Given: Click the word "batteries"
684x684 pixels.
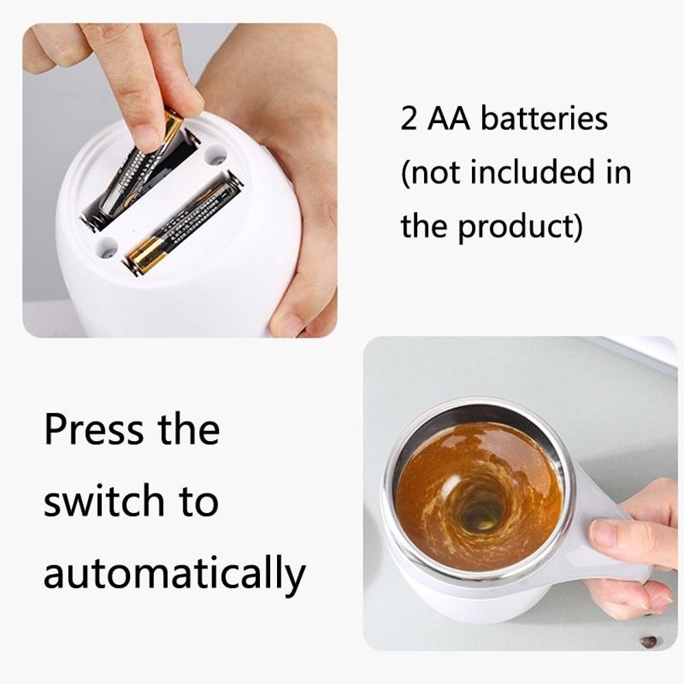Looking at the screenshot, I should pos(544,119).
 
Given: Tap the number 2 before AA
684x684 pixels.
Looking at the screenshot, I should pos(409,119).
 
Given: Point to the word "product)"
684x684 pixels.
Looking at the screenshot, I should pos(521,226).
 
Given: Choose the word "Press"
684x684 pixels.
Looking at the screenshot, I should pos(94,430).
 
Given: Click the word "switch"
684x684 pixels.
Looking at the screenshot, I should pos(102,501).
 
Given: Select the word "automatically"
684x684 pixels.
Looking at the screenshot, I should pos(174,574).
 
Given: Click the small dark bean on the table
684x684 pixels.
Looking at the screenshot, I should pos(648,641).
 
